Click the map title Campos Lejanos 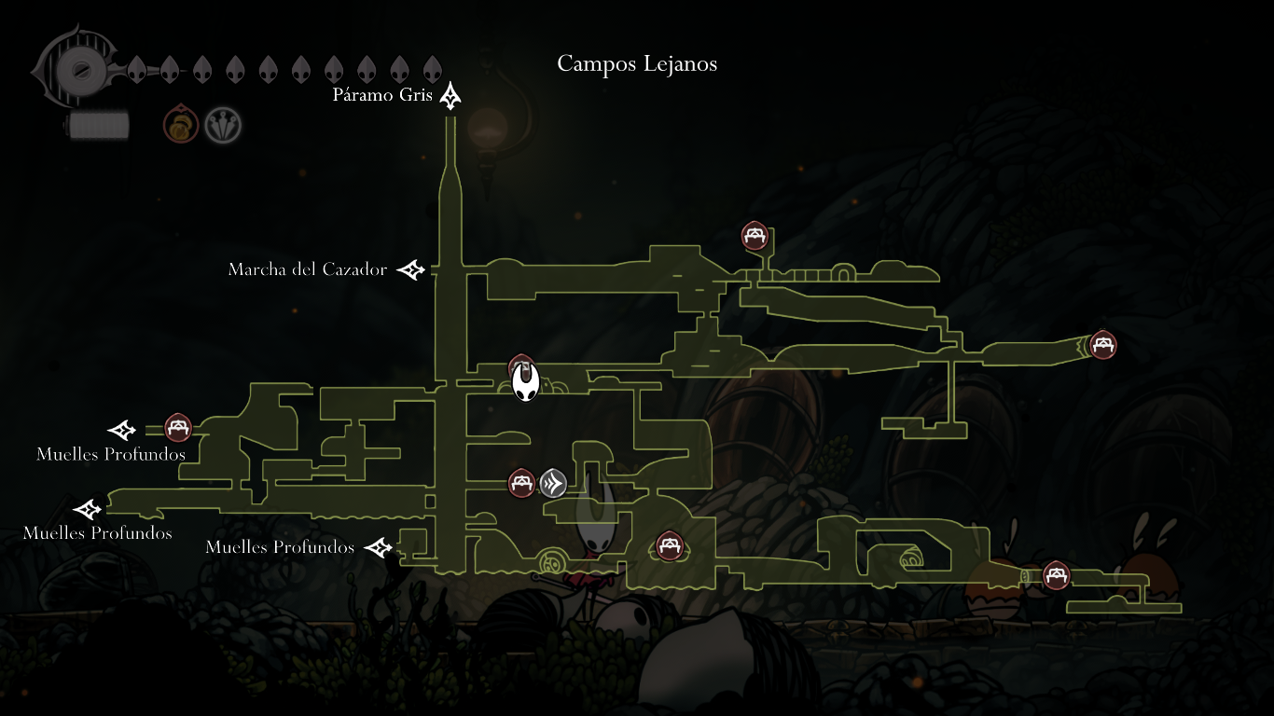[x=637, y=63]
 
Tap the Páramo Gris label [x=382, y=96]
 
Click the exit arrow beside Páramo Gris [x=451, y=95]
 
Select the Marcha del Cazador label [x=308, y=269]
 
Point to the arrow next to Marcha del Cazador [x=411, y=270]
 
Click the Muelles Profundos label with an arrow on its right [x=280, y=547]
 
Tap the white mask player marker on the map [x=526, y=382]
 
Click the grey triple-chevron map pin [x=553, y=483]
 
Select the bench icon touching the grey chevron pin [x=521, y=482]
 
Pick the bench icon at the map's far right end [x=1103, y=345]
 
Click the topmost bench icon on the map [x=754, y=236]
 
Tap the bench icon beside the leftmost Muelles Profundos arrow [x=178, y=428]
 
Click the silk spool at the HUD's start [x=74, y=70]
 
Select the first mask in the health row [x=136, y=69]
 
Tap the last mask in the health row [x=432, y=69]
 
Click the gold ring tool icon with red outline [x=181, y=125]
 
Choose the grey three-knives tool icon [x=223, y=125]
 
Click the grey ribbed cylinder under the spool [x=97, y=124]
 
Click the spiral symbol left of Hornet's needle [x=550, y=561]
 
